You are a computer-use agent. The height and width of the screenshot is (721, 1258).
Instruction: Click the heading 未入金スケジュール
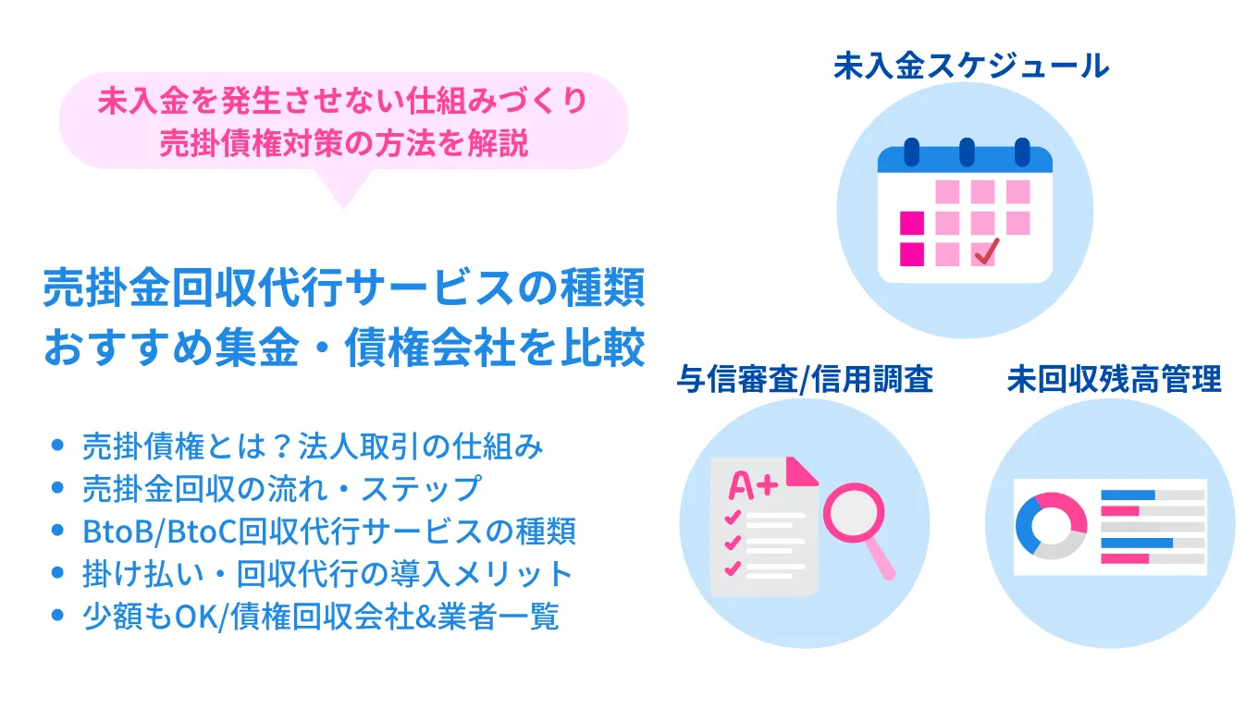click(x=970, y=67)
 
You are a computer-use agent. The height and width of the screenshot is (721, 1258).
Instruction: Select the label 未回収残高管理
click(x=1114, y=380)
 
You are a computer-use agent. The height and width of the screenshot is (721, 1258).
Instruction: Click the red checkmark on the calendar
click(x=987, y=250)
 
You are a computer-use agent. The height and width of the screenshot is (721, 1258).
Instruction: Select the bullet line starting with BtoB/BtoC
click(x=328, y=531)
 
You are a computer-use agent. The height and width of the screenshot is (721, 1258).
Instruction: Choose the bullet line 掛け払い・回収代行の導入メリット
click(x=327, y=574)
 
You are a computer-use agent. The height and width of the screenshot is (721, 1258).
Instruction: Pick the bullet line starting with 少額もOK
click(x=320, y=617)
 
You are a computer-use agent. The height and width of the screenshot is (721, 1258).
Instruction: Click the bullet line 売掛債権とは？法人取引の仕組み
click(x=313, y=446)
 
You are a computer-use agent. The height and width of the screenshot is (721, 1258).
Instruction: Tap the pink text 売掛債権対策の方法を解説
click(x=344, y=144)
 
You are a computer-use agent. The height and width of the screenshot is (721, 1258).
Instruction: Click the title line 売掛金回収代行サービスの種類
click(x=343, y=289)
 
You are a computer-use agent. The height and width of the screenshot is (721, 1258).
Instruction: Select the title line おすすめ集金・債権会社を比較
click(x=343, y=351)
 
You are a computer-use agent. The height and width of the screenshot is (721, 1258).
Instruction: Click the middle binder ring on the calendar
click(x=967, y=151)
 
